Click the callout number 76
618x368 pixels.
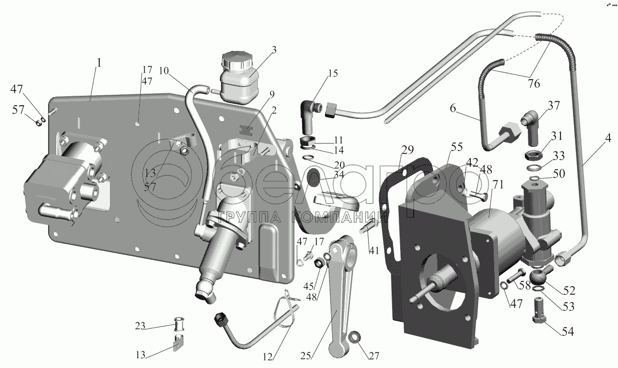(533, 83)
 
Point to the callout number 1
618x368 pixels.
(99, 63)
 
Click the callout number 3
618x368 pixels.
(273, 50)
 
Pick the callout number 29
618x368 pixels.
(407, 150)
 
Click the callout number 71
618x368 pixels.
(497, 185)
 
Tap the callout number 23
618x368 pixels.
(140, 326)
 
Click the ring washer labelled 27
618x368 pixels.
(353, 337)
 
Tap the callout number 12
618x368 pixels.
(267, 357)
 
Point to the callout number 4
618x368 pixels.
(608, 138)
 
